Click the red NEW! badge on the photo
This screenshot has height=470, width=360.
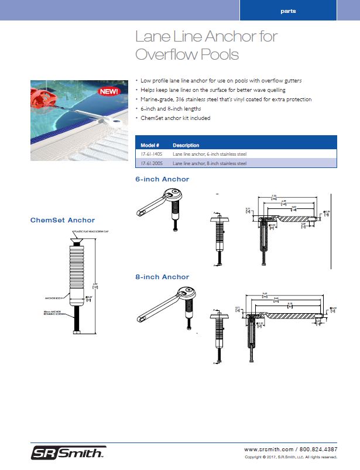click(108, 91)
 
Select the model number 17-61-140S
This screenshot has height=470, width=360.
click(152, 154)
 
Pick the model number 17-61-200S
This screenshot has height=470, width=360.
click(152, 163)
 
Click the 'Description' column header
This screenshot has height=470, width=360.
click(186, 145)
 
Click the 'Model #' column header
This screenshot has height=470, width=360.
click(150, 145)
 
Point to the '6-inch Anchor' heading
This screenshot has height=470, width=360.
click(162, 179)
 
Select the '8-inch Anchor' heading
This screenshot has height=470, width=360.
click(162, 277)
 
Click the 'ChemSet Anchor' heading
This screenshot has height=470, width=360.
click(62, 220)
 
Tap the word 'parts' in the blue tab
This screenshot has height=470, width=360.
click(288, 11)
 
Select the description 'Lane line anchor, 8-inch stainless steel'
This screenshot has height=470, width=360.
click(210, 163)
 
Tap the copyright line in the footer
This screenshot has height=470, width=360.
click(290, 457)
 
